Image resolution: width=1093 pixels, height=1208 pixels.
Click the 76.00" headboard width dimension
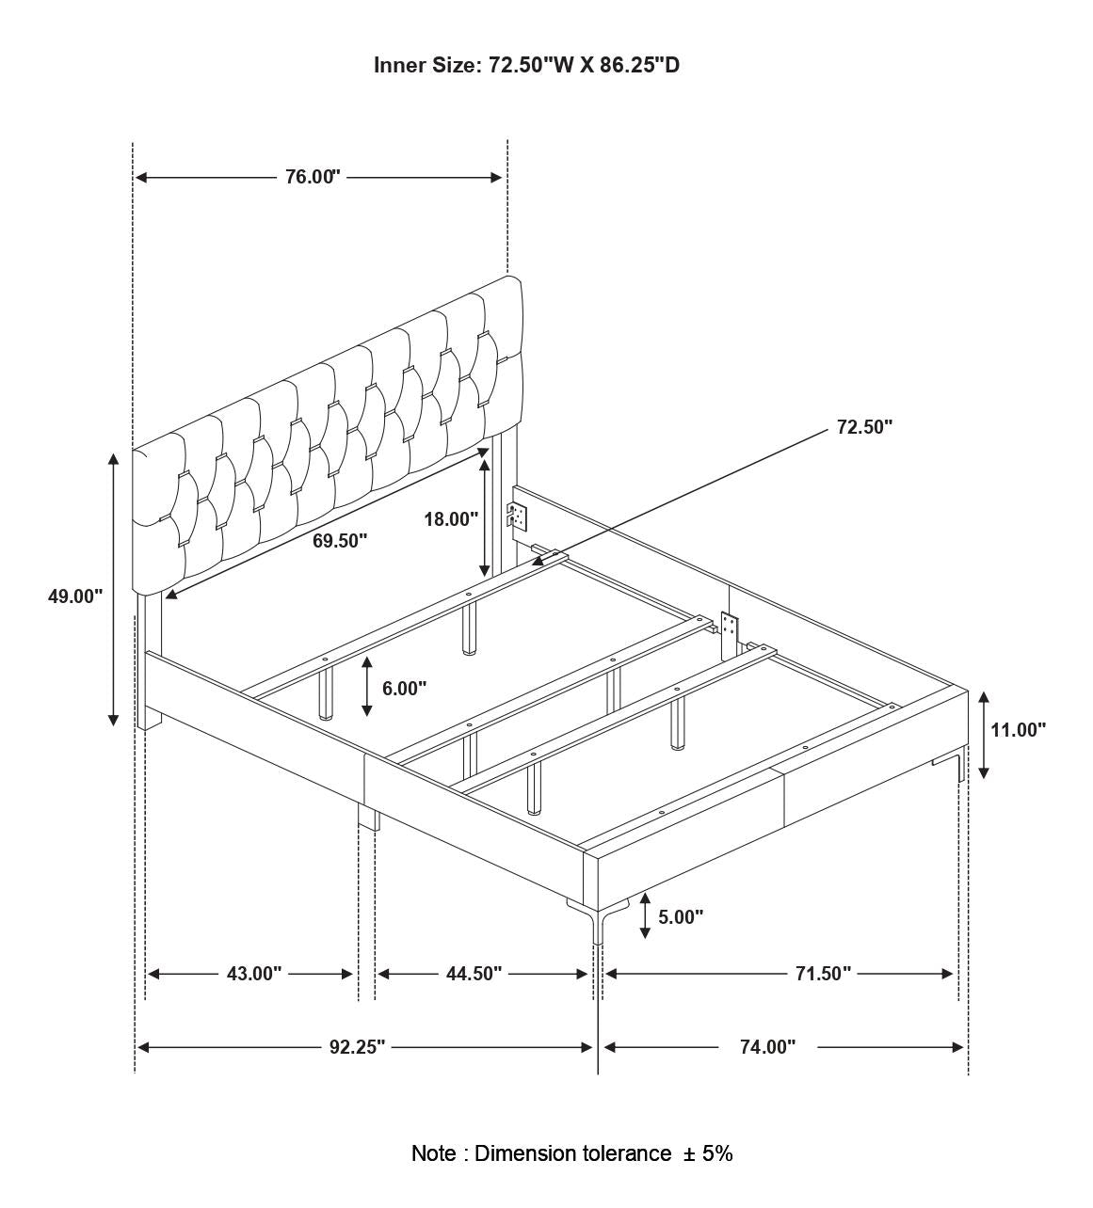pos(313,177)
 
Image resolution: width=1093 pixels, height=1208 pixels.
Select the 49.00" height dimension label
pos(75,596)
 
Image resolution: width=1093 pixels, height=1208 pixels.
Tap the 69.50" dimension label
pos(340,541)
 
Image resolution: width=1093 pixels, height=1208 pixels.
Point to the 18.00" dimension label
pos(451,518)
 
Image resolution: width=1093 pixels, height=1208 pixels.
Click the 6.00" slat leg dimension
pos(404,688)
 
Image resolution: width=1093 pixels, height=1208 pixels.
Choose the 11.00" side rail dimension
pos(1018,729)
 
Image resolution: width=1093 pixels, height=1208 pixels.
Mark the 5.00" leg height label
pos(681,916)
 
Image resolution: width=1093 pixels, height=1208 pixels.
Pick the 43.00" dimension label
pos(254,974)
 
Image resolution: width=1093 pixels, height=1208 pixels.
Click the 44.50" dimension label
pos(474,974)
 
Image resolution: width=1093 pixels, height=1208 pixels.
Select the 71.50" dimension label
pos(823,974)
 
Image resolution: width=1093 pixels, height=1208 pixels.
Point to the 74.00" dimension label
pos(767,1047)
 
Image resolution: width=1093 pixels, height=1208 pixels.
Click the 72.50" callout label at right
pos(864,427)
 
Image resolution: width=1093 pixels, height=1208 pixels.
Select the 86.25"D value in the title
pos(639,65)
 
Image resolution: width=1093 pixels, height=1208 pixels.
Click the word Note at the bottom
pos(434,1153)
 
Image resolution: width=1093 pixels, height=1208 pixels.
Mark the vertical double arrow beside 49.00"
pos(114,589)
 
